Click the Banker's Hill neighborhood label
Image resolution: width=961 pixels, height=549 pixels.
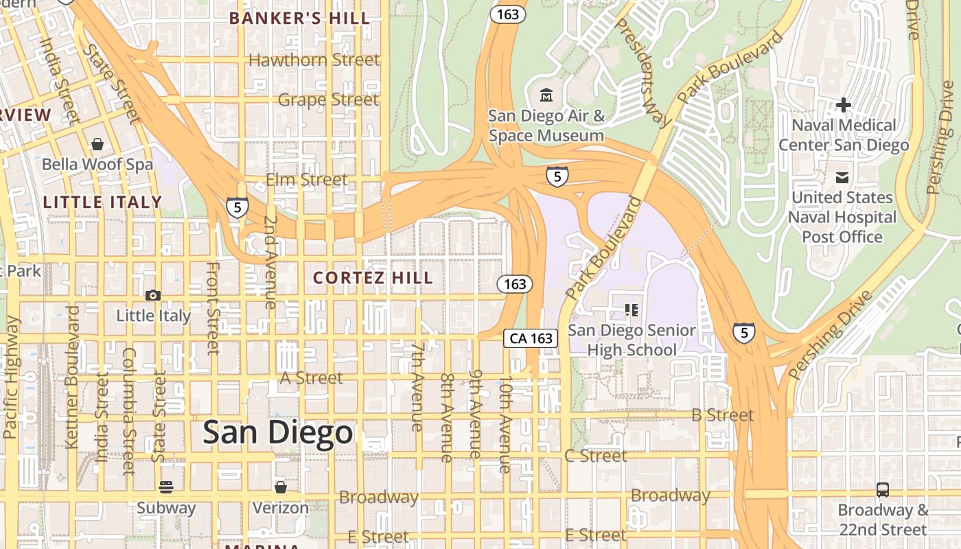point(299,19)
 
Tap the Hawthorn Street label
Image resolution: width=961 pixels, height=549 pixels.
point(314,60)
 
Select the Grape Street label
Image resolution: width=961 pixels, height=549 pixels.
point(328,100)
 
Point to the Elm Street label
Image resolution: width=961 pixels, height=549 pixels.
point(306,180)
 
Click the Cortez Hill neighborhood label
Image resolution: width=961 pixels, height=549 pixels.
point(373,278)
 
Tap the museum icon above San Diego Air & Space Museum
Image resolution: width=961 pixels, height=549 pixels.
point(546,95)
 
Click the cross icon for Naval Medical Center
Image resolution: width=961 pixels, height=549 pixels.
point(844,105)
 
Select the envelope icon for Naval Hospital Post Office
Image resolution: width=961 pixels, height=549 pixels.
point(842,178)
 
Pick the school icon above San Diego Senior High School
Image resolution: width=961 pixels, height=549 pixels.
point(632,310)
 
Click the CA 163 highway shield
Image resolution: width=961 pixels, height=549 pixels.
point(531,338)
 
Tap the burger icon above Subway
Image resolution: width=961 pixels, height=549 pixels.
point(166,487)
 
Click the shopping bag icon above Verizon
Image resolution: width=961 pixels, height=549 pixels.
point(280,487)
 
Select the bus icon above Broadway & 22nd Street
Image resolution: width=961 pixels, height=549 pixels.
point(883,490)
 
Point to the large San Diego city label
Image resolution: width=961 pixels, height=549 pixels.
point(278,432)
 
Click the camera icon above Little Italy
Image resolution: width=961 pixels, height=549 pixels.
point(152,295)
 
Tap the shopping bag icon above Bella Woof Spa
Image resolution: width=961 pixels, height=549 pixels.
point(97,144)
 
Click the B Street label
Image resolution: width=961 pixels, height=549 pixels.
point(722,415)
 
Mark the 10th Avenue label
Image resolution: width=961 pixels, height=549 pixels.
point(505,424)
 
